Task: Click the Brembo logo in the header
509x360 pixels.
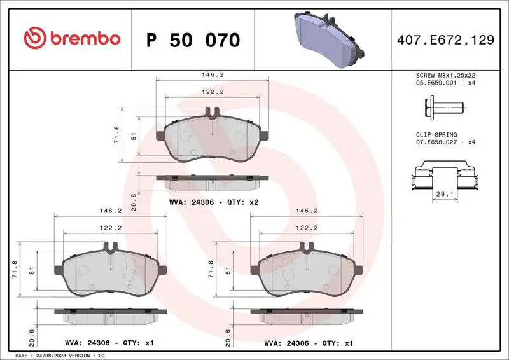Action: coord(71,39)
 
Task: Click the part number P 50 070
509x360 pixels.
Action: coord(193,40)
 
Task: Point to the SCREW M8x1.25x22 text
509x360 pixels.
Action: coord(445,75)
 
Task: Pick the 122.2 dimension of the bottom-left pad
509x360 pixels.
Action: coord(112,227)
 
